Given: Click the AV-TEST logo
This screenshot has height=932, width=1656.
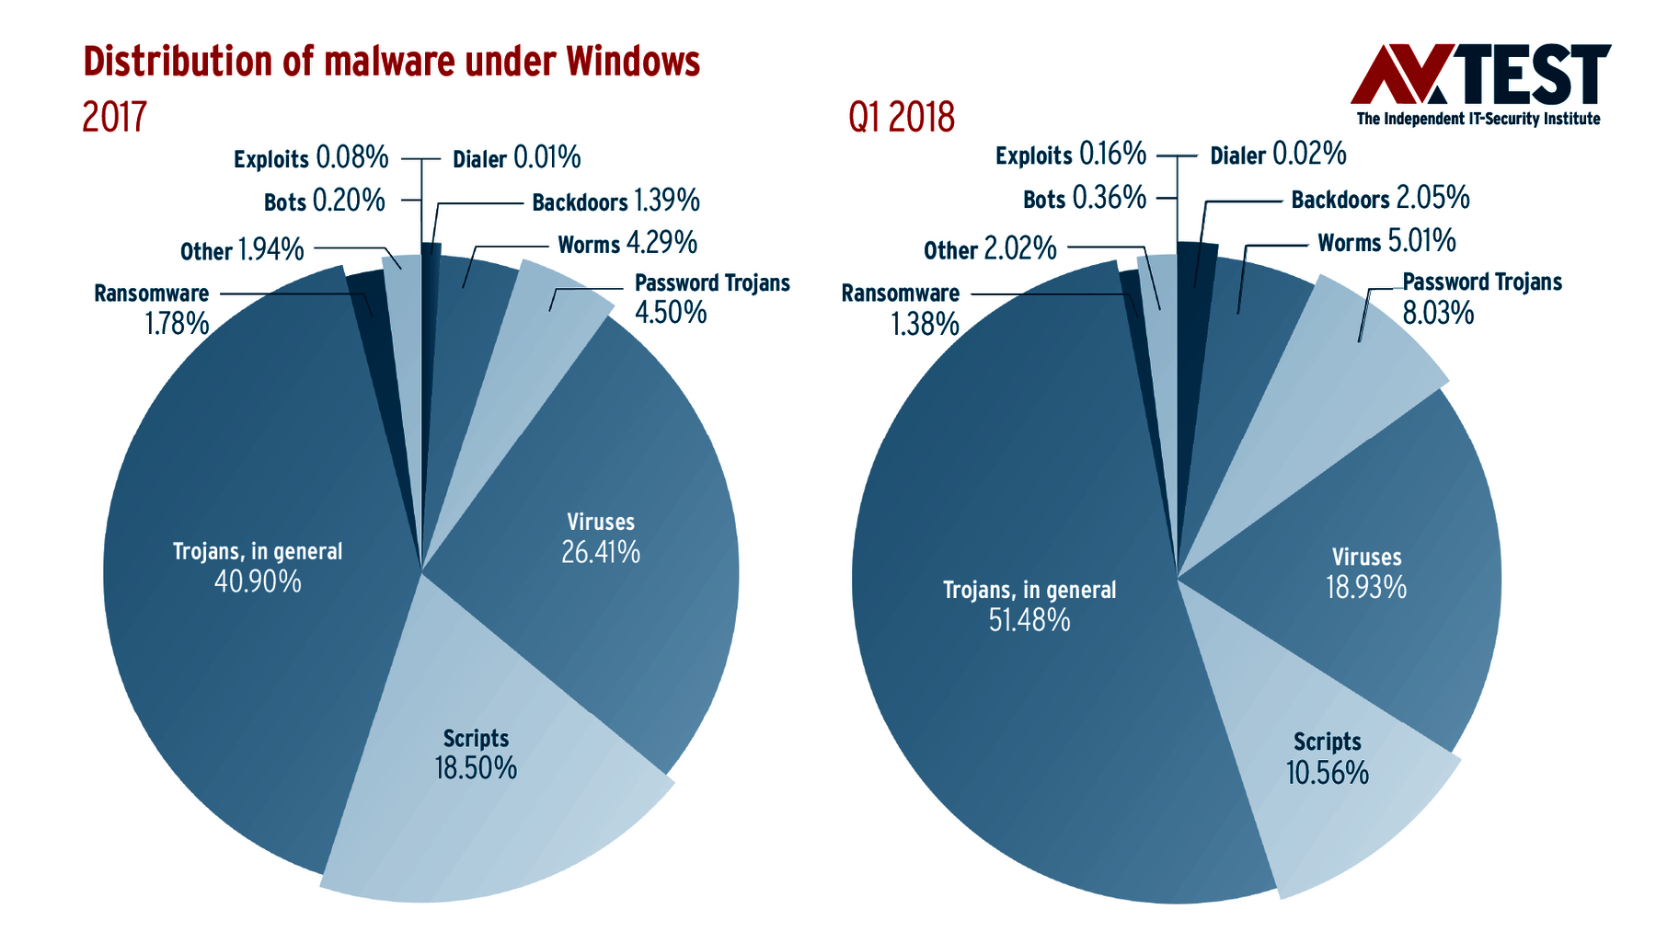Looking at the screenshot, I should (1479, 75).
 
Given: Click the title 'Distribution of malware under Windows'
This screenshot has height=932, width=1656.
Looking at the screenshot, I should (391, 62).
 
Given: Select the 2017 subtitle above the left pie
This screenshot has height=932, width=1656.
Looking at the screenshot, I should (114, 118).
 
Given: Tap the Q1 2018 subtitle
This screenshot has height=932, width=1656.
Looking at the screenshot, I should (901, 118).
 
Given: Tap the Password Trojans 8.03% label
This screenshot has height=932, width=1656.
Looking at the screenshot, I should (1481, 297).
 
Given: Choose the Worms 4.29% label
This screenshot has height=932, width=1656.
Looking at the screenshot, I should (627, 244).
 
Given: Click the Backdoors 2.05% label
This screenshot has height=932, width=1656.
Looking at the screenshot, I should (1379, 199).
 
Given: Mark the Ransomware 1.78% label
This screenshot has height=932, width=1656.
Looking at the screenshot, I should (152, 308).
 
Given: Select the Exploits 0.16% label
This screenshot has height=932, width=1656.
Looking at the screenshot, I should (1070, 155).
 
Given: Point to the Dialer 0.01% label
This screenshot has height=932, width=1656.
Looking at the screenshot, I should (516, 158).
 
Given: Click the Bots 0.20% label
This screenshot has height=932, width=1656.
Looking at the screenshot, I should (324, 201).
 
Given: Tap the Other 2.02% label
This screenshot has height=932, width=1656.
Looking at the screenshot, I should (990, 249).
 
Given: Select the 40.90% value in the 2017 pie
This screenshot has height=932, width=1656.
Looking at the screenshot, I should (258, 581).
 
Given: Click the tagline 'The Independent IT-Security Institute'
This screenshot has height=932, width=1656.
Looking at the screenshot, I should (1478, 119).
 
